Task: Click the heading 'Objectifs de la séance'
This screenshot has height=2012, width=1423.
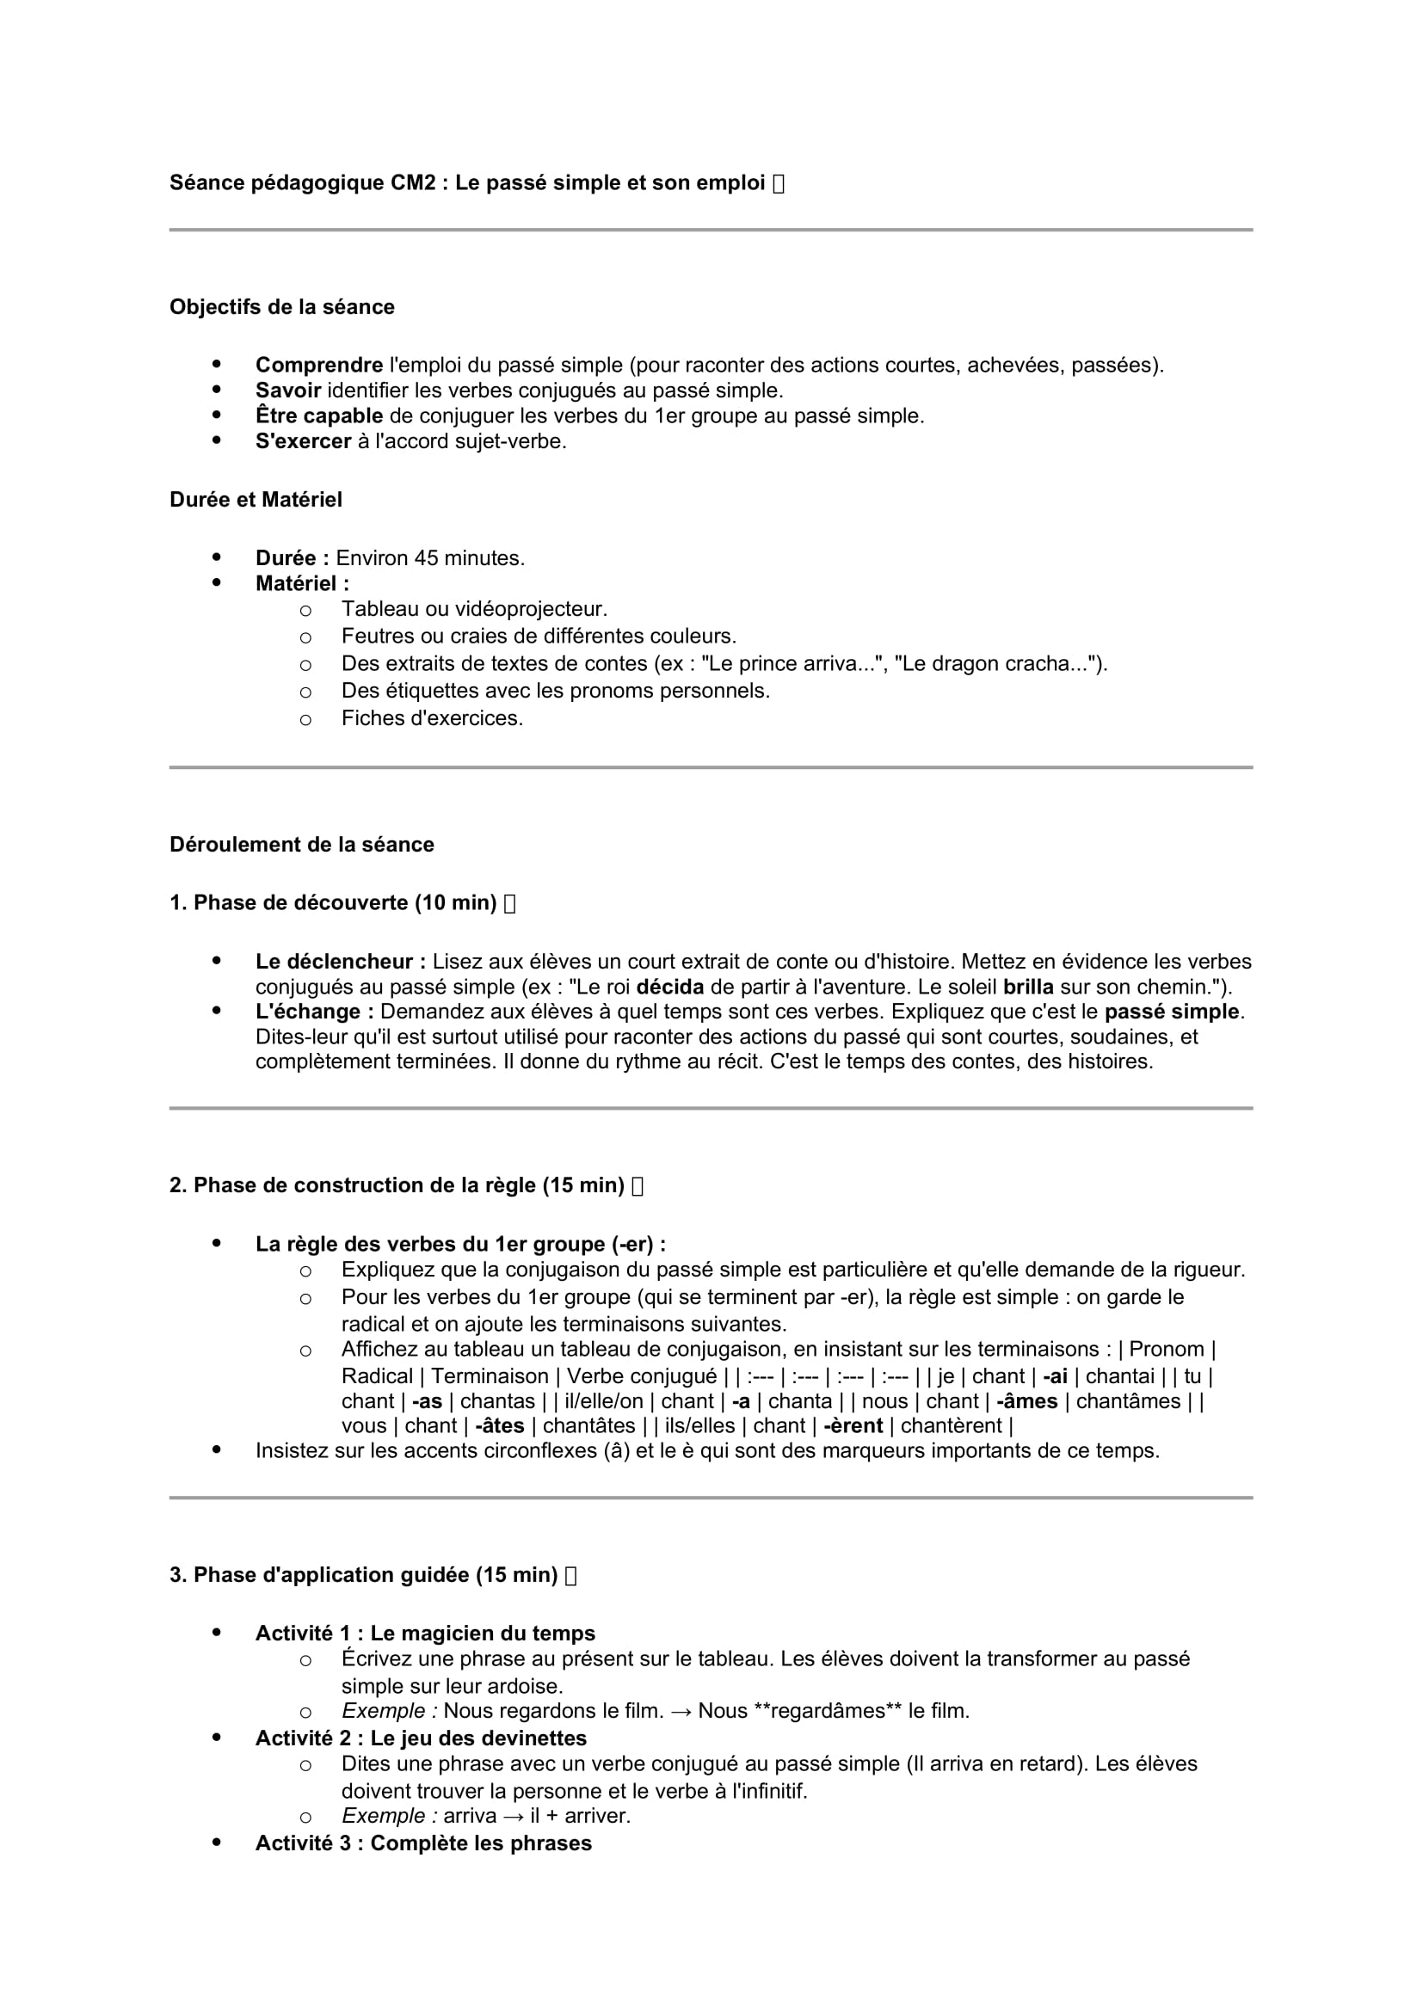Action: [281, 307]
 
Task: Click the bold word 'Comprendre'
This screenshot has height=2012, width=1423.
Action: [319, 366]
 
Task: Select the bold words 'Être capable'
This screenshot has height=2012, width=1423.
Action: [319, 416]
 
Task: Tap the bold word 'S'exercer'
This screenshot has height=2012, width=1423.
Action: [303, 441]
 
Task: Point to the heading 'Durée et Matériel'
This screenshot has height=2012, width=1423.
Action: [256, 500]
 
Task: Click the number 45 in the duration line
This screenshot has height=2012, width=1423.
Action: [426, 558]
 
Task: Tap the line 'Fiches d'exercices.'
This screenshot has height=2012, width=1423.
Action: [432, 718]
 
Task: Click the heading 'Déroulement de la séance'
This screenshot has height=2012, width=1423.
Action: [301, 845]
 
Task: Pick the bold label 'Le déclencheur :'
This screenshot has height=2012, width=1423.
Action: [340, 963]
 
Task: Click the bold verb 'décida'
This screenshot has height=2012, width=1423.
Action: [669, 988]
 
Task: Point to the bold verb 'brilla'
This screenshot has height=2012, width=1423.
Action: [1028, 988]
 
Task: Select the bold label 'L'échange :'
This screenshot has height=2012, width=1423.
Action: [315, 1012]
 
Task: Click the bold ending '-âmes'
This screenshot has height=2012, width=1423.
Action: [1027, 1402]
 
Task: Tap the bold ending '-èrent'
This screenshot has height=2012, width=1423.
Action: [853, 1426]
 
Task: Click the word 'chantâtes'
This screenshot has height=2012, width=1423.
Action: [588, 1426]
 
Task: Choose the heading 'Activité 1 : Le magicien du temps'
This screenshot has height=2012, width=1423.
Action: [425, 1634]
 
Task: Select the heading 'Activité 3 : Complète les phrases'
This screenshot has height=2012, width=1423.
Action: [423, 1843]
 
